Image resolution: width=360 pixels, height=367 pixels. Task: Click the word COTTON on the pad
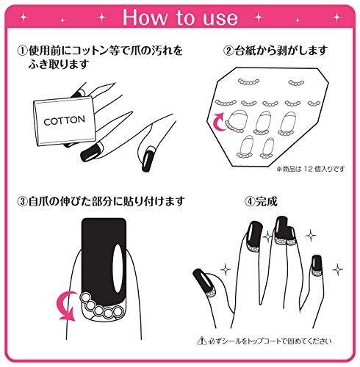[65, 120]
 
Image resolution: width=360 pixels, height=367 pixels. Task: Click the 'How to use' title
[180, 17]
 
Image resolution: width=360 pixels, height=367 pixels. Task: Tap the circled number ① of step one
[23, 51]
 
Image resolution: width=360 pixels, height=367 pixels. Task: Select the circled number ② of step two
[228, 51]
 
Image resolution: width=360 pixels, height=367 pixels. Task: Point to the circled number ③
[23, 201]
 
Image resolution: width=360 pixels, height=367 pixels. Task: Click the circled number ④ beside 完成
[250, 202]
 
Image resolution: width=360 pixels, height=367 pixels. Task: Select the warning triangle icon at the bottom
[201, 341]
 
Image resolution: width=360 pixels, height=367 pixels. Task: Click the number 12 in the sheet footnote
[309, 169]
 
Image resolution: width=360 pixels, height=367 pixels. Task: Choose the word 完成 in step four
[267, 202]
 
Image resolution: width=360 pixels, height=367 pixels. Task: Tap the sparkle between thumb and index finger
[226, 269]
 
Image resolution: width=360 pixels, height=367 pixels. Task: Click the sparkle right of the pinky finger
[337, 269]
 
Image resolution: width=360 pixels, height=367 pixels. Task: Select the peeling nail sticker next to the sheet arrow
[237, 120]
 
